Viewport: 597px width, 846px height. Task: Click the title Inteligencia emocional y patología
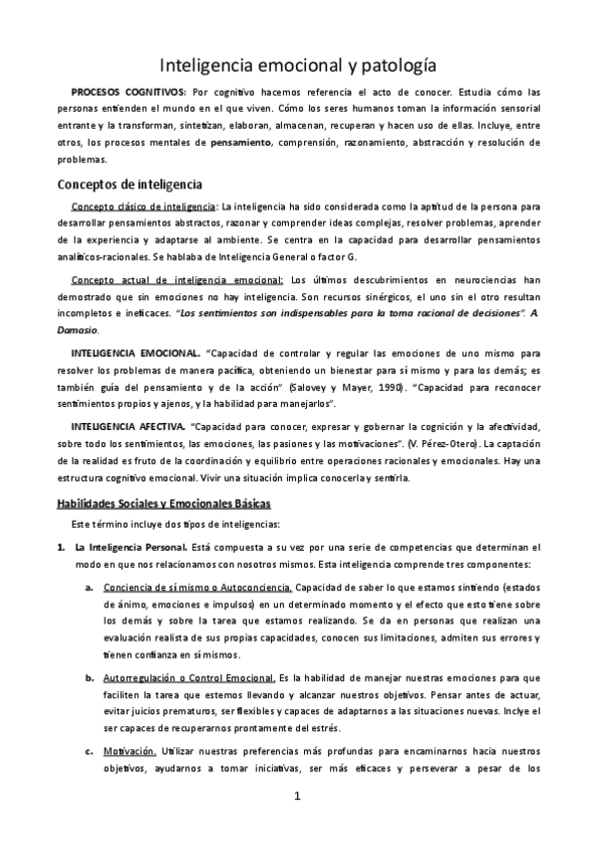298,66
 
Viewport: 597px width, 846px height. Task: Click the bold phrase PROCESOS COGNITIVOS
128,91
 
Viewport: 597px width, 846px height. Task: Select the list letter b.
90,677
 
